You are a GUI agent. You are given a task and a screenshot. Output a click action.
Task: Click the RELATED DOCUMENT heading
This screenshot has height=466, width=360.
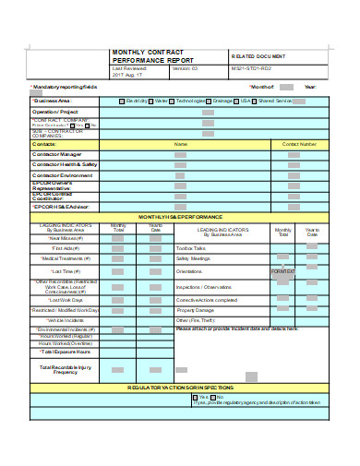(x=261, y=56)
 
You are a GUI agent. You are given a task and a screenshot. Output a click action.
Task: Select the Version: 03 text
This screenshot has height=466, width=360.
(x=186, y=69)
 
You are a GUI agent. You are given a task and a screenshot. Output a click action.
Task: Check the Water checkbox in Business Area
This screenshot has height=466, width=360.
(x=152, y=101)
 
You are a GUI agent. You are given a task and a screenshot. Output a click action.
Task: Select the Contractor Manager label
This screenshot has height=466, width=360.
(x=64, y=154)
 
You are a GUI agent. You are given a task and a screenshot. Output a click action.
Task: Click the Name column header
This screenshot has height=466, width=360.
(x=181, y=144)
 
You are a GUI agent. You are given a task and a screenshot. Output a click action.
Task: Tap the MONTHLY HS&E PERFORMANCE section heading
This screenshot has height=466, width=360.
(x=180, y=216)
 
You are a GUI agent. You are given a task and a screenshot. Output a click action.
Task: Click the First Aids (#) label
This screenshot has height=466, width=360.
(x=66, y=248)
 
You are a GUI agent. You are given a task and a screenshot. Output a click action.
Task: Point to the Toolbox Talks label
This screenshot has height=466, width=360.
(x=191, y=248)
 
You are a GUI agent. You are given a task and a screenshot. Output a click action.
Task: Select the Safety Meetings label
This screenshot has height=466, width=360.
(x=194, y=259)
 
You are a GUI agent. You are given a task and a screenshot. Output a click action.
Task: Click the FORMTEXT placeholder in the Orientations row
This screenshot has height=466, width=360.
(x=282, y=272)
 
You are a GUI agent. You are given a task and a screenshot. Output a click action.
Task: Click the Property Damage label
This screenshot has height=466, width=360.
(x=195, y=310)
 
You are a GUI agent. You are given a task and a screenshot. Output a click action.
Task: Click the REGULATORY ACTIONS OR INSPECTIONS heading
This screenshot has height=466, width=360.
(x=180, y=388)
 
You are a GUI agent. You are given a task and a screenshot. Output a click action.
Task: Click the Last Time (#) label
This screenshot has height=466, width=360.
(x=66, y=272)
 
